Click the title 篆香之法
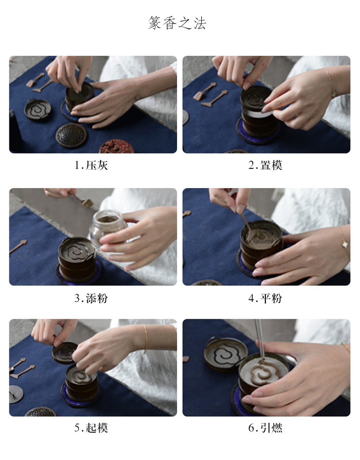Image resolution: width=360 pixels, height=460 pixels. pyautogui.click(x=177, y=23)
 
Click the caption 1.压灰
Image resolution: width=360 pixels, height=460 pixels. pyautogui.click(x=91, y=165)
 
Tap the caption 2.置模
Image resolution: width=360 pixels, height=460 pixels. pyautogui.click(x=265, y=165)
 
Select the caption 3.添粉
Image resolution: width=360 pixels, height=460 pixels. pyautogui.click(x=91, y=298)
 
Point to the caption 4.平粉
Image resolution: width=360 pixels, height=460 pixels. pyautogui.click(x=265, y=298)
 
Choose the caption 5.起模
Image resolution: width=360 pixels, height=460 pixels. pyautogui.click(x=91, y=428)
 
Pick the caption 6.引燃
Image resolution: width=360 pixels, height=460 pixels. pyautogui.click(x=265, y=428)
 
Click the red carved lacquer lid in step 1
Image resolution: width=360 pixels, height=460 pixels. pyautogui.click(x=117, y=147)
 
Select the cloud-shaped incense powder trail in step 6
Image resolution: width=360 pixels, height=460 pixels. pyautogui.click(x=263, y=372)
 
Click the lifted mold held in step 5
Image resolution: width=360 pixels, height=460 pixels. pyautogui.click(x=65, y=353)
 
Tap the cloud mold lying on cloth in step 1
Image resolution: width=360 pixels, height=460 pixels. pyautogui.click(x=38, y=110)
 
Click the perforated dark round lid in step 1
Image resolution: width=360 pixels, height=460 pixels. pyautogui.click(x=71, y=135)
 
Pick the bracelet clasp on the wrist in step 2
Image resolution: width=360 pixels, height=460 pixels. pyautogui.click(x=333, y=94)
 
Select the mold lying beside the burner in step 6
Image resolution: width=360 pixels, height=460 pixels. pyautogui.click(x=226, y=354)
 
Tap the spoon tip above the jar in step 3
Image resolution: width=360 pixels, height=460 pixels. pyautogui.click(x=87, y=203)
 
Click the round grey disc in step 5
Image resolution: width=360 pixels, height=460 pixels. pyautogui.click(x=16, y=394)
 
